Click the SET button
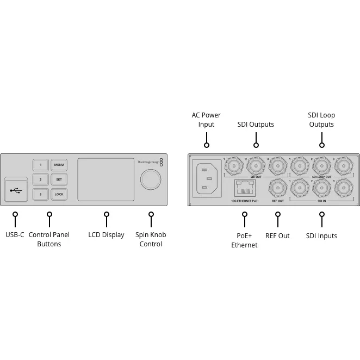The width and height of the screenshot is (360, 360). [x=59, y=179]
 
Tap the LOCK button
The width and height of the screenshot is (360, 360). [x=59, y=194]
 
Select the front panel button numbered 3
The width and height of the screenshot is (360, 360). [x=40, y=194]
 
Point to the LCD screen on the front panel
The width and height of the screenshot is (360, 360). [x=105, y=179]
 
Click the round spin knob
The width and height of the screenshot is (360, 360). [x=151, y=179]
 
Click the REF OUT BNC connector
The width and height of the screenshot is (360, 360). [x=278, y=188]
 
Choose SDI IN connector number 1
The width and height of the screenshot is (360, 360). [x=300, y=188]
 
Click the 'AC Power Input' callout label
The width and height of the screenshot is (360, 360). [x=206, y=120]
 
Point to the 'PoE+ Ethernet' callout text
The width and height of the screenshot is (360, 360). [x=244, y=240]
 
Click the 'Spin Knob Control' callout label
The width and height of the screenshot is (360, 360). [x=151, y=239]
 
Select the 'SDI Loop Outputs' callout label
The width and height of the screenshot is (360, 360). [x=321, y=120]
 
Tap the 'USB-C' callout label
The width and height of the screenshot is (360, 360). [x=15, y=235]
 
